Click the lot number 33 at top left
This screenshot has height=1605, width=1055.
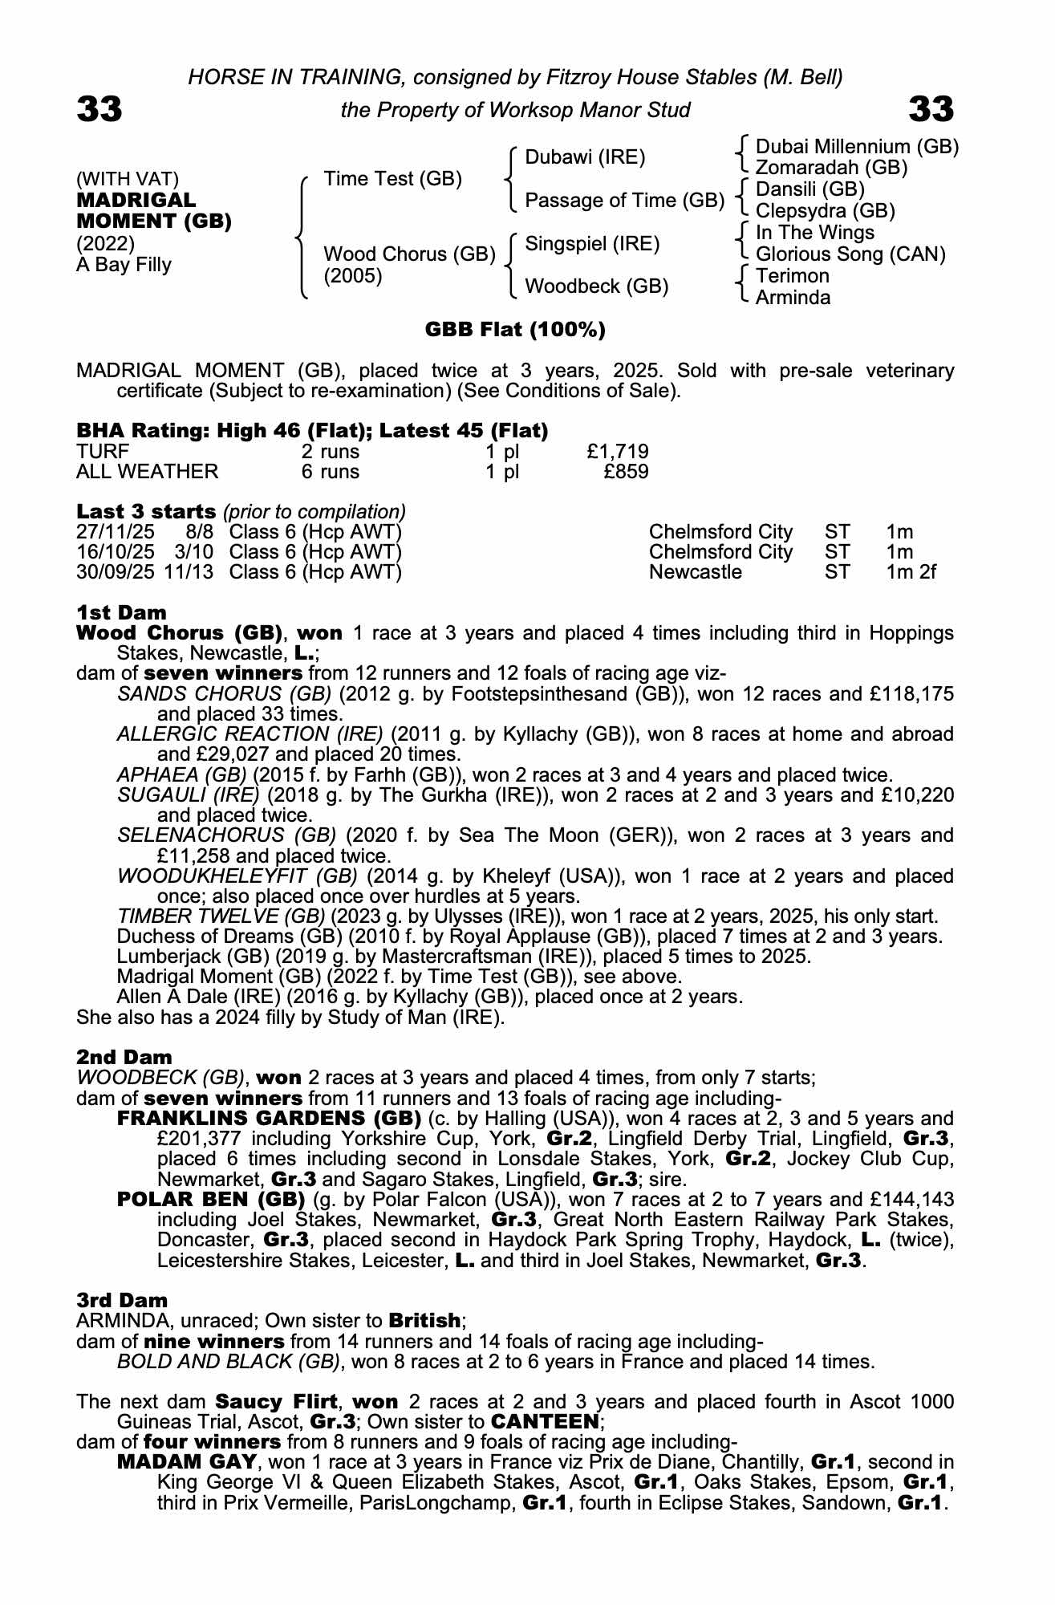99,109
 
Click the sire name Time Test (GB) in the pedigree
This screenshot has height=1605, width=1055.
392,178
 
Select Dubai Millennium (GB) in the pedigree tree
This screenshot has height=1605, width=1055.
857,146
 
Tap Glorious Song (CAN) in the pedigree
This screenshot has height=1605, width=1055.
850,254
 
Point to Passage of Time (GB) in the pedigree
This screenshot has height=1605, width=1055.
624,200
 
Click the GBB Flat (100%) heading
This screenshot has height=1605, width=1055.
514,329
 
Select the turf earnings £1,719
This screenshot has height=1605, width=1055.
617,451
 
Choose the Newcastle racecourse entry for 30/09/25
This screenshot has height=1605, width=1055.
695,572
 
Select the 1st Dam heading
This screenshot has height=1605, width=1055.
121,613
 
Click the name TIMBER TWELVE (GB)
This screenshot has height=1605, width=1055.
221,916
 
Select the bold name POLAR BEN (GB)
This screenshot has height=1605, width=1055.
211,1199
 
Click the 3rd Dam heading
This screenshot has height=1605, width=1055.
122,1300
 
